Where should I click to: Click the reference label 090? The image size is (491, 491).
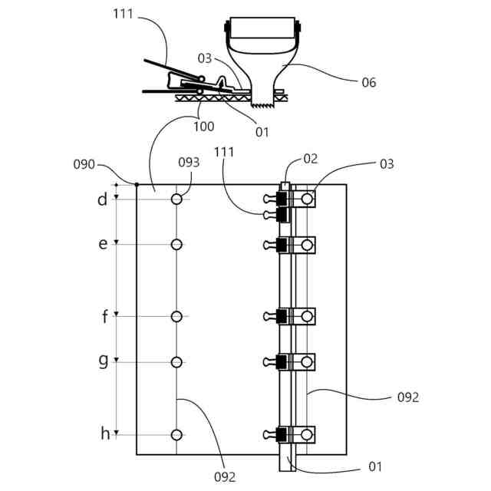[x=84, y=164]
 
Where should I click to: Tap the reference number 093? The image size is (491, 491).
[x=188, y=162]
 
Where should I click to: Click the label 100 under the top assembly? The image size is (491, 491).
[x=203, y=127]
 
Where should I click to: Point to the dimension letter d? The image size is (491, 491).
[x=102, y=200]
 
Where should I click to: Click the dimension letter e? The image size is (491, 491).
[x=103, y=244]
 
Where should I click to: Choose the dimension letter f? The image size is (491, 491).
[x=104, y=315]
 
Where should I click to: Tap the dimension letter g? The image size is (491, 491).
[x=103, y=361]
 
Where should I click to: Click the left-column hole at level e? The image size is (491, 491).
[x=176, y=245]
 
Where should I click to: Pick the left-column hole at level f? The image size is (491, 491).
[x=176, y=316]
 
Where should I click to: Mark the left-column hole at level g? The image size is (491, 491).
[x=176, y=361]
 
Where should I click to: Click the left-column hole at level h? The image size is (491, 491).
[x=176, y=435]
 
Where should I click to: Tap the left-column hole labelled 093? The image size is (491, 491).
[x=176, y=199]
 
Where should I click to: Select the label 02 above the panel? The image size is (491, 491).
[x=310, y=159]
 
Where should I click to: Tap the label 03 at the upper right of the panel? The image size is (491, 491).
[x=386, y=163]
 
